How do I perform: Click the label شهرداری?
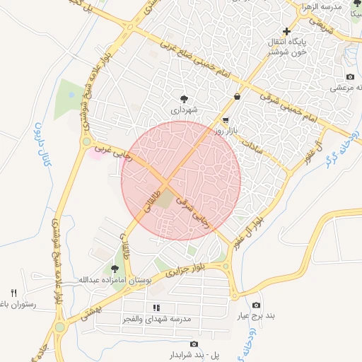tap(186, 111)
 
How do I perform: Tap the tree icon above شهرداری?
tap(185, 98)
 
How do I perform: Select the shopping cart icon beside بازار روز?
tap(226, 120)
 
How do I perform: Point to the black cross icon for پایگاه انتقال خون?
tap(286, 30)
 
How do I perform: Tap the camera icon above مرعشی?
tap(350, 76)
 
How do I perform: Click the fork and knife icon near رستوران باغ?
tap(13, 293)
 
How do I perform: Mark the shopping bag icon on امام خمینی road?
tap(236, 97)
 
